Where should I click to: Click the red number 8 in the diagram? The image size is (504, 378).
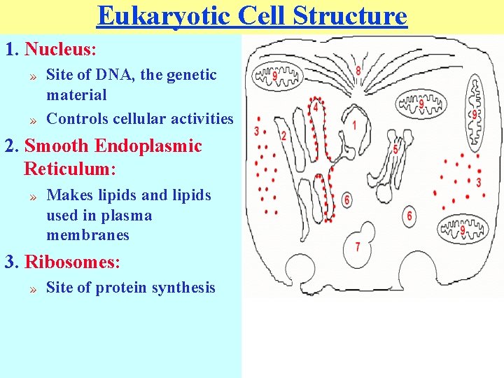coord(358,71)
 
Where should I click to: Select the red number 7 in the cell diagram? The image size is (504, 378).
coord(357,247)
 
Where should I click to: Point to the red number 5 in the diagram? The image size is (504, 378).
coord(395,149)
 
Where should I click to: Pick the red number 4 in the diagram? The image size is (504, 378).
coord(315,108)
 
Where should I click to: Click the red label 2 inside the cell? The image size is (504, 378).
coord(283,136)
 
